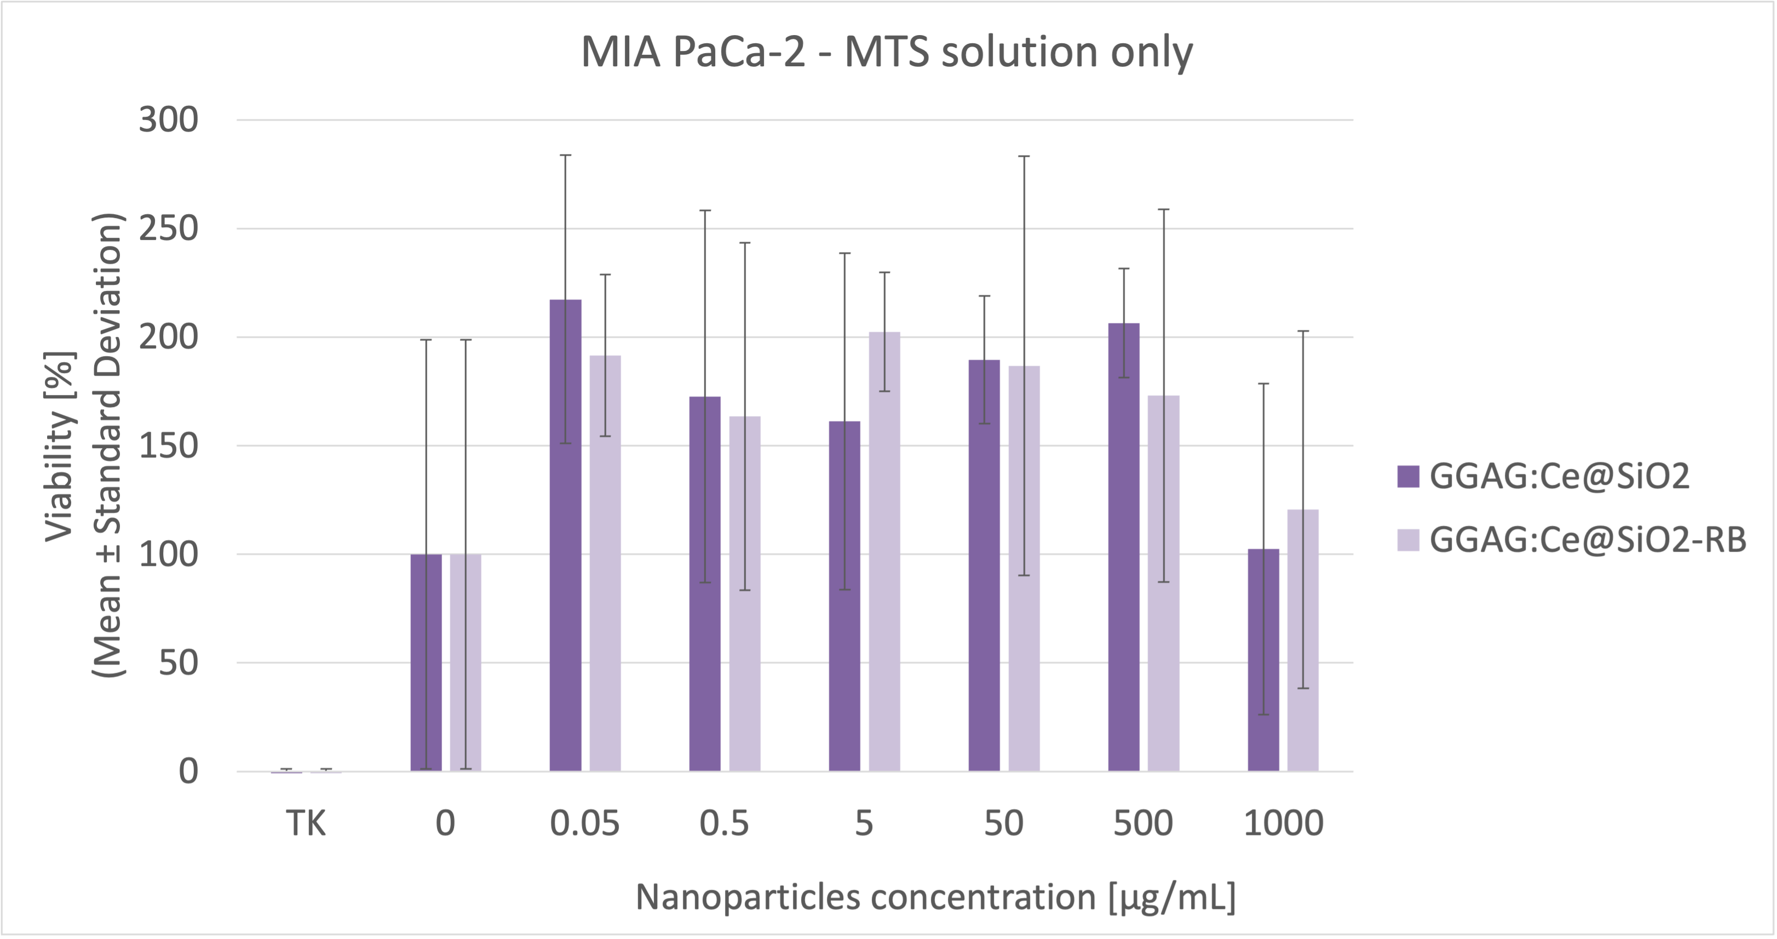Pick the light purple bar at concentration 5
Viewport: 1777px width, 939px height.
(x=884, y=552)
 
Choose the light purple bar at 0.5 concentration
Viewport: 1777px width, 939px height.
(x=745, y=593)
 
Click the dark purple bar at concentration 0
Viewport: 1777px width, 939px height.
(x=425, y=662)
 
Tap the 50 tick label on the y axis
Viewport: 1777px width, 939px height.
(x=178, y=663)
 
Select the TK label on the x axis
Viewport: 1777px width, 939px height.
(x=306, y=823)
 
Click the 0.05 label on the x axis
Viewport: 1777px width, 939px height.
(x=584, y=823)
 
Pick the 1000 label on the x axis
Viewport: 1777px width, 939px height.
(x=1283, y=823)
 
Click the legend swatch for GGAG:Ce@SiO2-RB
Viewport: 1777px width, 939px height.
(x=1408, y=540)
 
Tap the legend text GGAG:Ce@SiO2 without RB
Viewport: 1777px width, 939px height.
(x=1559, y=476)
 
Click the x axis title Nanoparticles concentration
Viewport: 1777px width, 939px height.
(x=935, y=897)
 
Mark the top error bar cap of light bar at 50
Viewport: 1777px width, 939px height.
(x=1023, y=157)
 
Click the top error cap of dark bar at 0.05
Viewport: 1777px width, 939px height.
(x=565, y=155)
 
